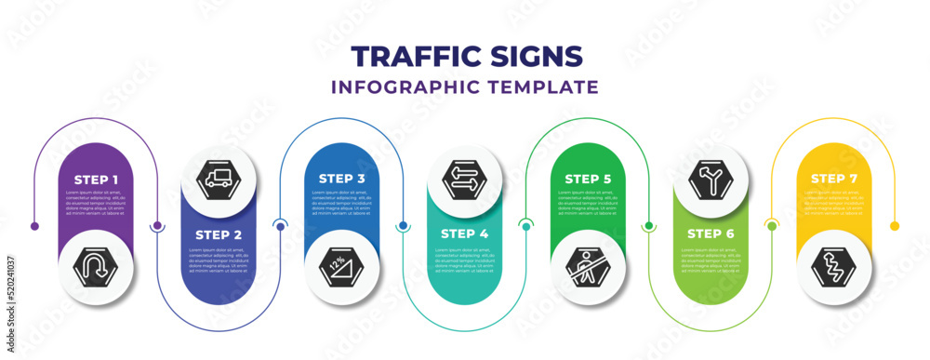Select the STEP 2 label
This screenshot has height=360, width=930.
(x=219, y=235)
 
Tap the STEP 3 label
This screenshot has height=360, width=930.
(x=341, y=178)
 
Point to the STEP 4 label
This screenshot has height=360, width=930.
(x=464, y=235)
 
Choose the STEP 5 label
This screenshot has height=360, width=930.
(x=587, y=178)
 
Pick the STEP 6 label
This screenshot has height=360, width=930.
(x=710, y=235)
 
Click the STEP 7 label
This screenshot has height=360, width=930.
(x=832, y=178)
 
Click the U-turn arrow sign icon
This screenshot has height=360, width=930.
(x=96, y=269)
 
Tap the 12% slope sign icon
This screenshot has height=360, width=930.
(x=341, y=269)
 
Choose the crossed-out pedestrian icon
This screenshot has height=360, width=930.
(x=587, y=269)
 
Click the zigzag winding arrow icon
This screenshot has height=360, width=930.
(x=832, y=269)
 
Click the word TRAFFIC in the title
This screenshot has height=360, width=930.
(x=414, y=57)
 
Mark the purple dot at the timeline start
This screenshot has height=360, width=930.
(x=34, y=226)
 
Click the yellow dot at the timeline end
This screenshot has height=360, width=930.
(x=895, y=226)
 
